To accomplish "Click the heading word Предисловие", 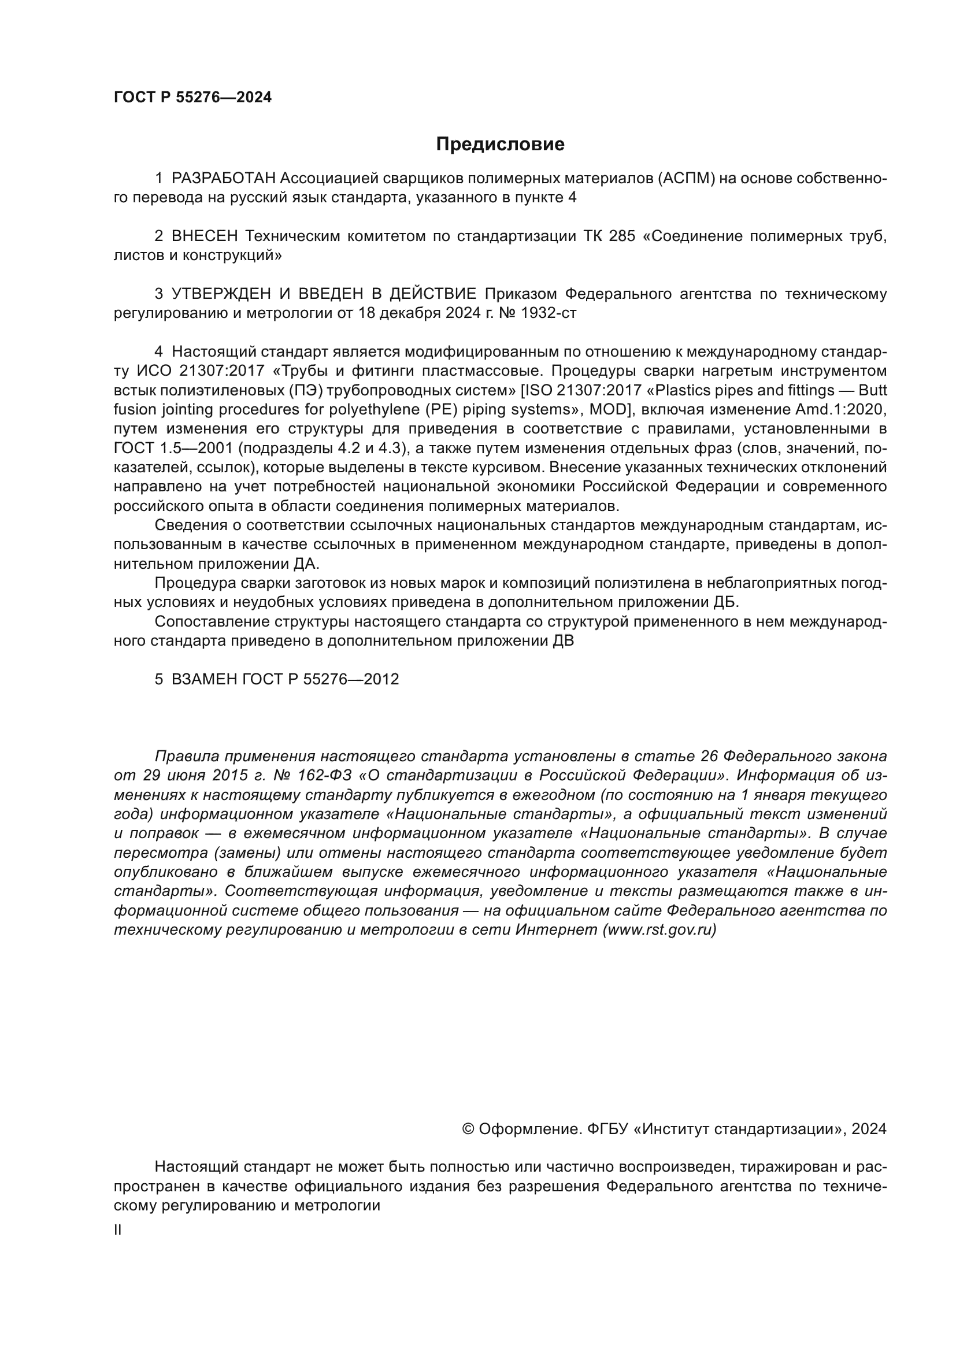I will click(500, 145).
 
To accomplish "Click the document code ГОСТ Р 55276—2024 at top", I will click(192, 98).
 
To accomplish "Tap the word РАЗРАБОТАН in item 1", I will click(223, 179).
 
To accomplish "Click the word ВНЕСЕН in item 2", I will click(205, 236).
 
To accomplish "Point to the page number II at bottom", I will click(118, 1230).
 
